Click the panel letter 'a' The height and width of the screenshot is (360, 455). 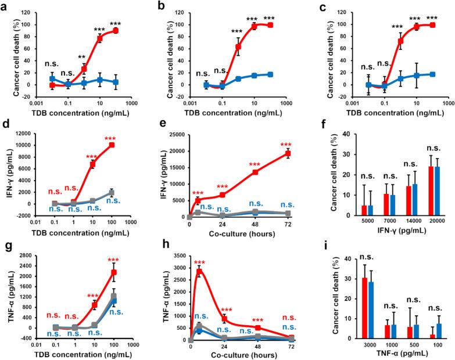point(5,5)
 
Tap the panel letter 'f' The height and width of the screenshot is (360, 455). point(310,125)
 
